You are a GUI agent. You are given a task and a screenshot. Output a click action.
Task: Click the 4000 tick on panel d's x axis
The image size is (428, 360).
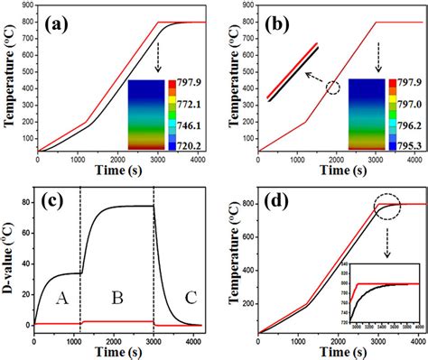tap(414, 341)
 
